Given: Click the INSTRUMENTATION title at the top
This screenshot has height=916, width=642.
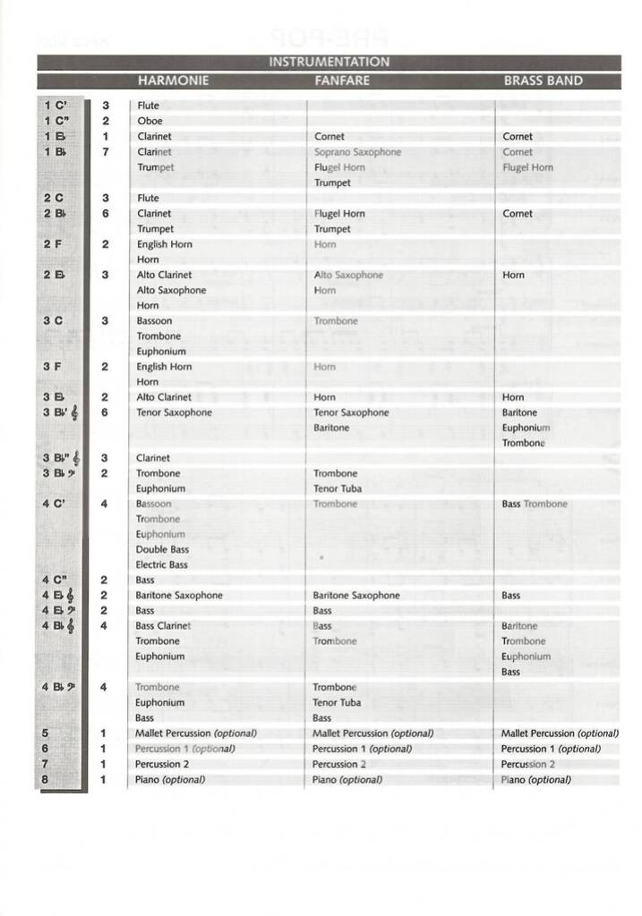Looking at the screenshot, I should tap(329, 63).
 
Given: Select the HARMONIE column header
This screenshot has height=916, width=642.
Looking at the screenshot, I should tap(173, 81).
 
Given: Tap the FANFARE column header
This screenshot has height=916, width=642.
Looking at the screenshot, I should tap(342, 81).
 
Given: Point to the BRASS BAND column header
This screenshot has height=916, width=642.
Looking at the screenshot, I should tap(543, 81).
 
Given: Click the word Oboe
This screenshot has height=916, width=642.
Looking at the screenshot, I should tap(150, 121).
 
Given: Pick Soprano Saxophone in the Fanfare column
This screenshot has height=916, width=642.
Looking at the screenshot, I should tap(357, 152).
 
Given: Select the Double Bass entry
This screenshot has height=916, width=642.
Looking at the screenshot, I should tap(162, 549).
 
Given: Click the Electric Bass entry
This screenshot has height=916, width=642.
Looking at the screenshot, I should tap(161, 564).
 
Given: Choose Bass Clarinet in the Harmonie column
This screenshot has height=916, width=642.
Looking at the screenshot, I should tap(163, 625).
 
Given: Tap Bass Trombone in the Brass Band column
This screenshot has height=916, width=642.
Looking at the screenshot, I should tap(535, 504).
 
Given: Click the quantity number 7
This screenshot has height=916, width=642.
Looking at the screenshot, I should tap(106, 152).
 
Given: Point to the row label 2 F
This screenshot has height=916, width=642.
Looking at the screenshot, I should tap(54, 244).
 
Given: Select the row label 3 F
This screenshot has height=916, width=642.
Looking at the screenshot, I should tap(54, 366).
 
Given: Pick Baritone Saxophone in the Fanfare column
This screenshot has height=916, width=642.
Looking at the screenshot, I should tap(355, 595).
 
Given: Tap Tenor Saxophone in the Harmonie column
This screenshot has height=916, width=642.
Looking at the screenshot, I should tap(174, 412).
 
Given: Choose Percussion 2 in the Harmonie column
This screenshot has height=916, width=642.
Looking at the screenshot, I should tap(162, 764).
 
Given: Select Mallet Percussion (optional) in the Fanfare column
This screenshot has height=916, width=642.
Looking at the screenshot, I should tap(372, 734).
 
